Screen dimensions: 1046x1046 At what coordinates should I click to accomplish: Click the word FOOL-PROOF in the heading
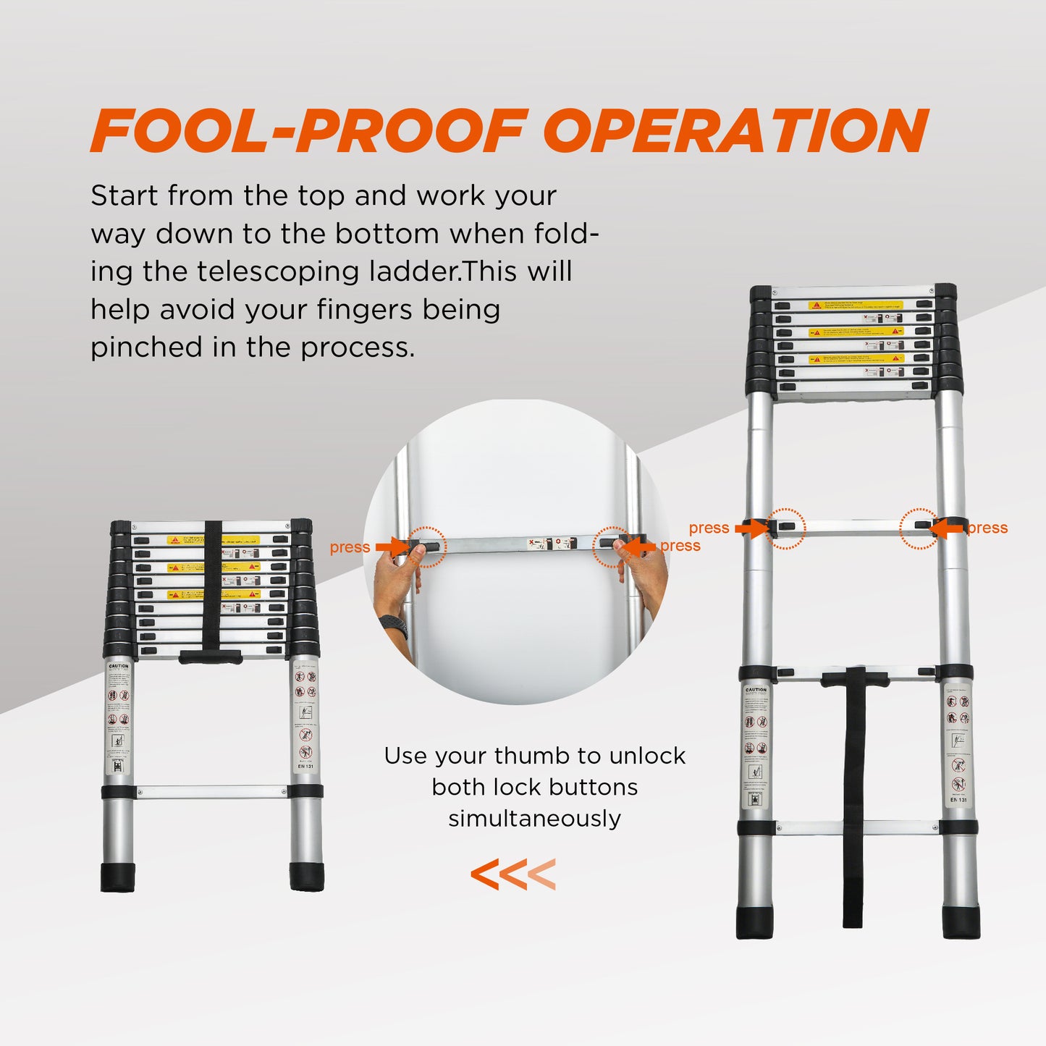[307, 131]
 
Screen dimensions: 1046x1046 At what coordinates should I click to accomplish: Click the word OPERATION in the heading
[736, 131]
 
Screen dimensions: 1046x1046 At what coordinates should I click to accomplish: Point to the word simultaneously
[534, 819]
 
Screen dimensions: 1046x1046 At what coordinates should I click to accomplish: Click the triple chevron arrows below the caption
[513, 874]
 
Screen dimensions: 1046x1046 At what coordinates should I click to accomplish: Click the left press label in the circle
[350, 548]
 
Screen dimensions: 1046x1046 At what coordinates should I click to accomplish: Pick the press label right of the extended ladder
[987, 528]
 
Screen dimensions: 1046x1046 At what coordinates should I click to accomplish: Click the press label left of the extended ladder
[709, 528]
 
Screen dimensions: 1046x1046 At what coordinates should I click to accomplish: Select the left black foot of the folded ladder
[117, 877]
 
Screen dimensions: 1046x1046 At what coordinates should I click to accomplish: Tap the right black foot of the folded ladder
[307, 877]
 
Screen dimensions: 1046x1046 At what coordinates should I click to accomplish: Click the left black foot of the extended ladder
[754, 921]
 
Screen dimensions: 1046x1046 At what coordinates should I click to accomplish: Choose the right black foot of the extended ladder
[961, 921]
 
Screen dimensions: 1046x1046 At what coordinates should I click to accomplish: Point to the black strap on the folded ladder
[212, 586]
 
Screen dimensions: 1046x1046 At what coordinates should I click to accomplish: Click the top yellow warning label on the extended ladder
[855, 305]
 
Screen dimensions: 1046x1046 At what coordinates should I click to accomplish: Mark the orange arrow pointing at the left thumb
[392, 547]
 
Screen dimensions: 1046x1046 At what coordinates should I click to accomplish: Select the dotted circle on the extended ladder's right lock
[919, 528]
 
